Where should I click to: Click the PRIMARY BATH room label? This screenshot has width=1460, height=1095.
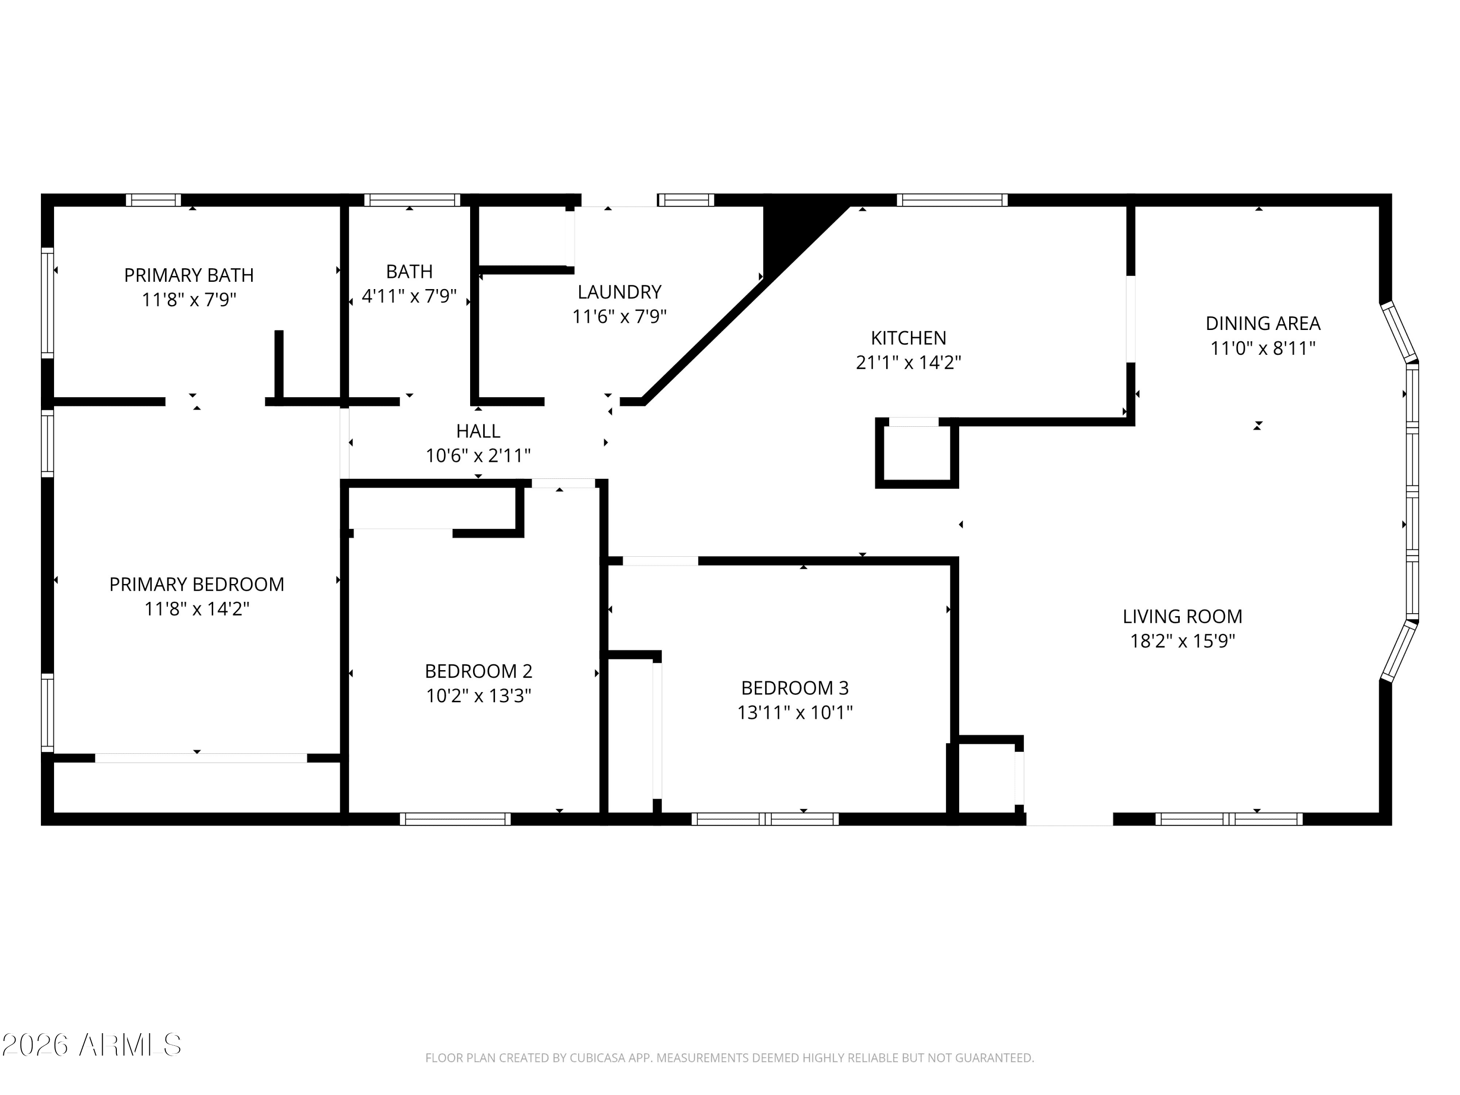[189, 275]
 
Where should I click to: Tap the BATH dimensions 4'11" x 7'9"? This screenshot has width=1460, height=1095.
[409, 296]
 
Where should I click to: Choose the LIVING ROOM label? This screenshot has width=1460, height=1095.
[1182, 617]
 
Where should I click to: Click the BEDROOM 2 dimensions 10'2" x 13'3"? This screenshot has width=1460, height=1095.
[478, 695]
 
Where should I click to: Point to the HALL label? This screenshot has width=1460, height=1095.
[478, 431]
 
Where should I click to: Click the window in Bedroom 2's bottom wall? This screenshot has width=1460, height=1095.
[456, 819]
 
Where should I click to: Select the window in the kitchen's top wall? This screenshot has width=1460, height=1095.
[952, 200]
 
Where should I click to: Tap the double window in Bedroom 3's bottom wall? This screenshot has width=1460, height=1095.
[765, 819]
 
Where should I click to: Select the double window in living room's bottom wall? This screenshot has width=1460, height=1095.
[1229, 819]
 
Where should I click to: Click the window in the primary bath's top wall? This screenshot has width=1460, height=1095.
[153, 200]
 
